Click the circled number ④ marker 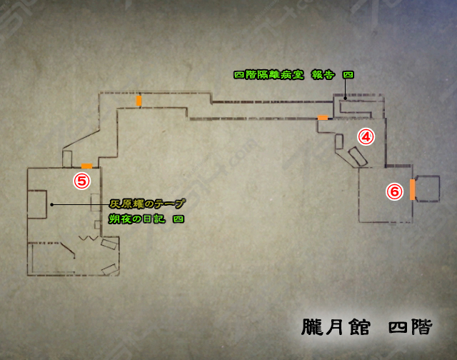(x=366, y=136)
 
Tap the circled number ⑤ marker (x=82, y=181)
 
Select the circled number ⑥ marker (x=393, y=191)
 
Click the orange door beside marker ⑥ (x=412, y=189)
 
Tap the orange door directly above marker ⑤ (x=86, y=166)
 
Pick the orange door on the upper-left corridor (x=139, y=100)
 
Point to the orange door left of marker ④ (x=323, y=116)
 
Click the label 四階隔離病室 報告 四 (x=293, y=74)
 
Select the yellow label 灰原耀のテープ (x=146, y=204)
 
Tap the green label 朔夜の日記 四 (x=146, y=219)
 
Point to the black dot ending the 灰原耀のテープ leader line (x=51, y=204)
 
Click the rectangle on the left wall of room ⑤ (x=37, y=205)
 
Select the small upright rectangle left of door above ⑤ (x=68, y=158)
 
